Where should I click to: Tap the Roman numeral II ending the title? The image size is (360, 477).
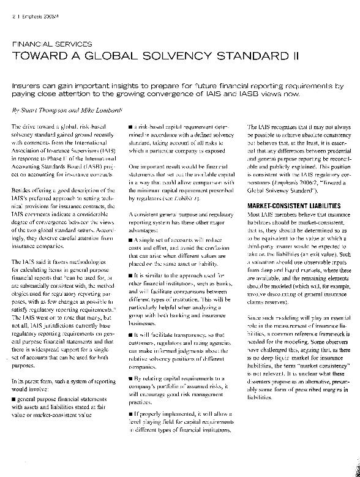pos(293,56)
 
